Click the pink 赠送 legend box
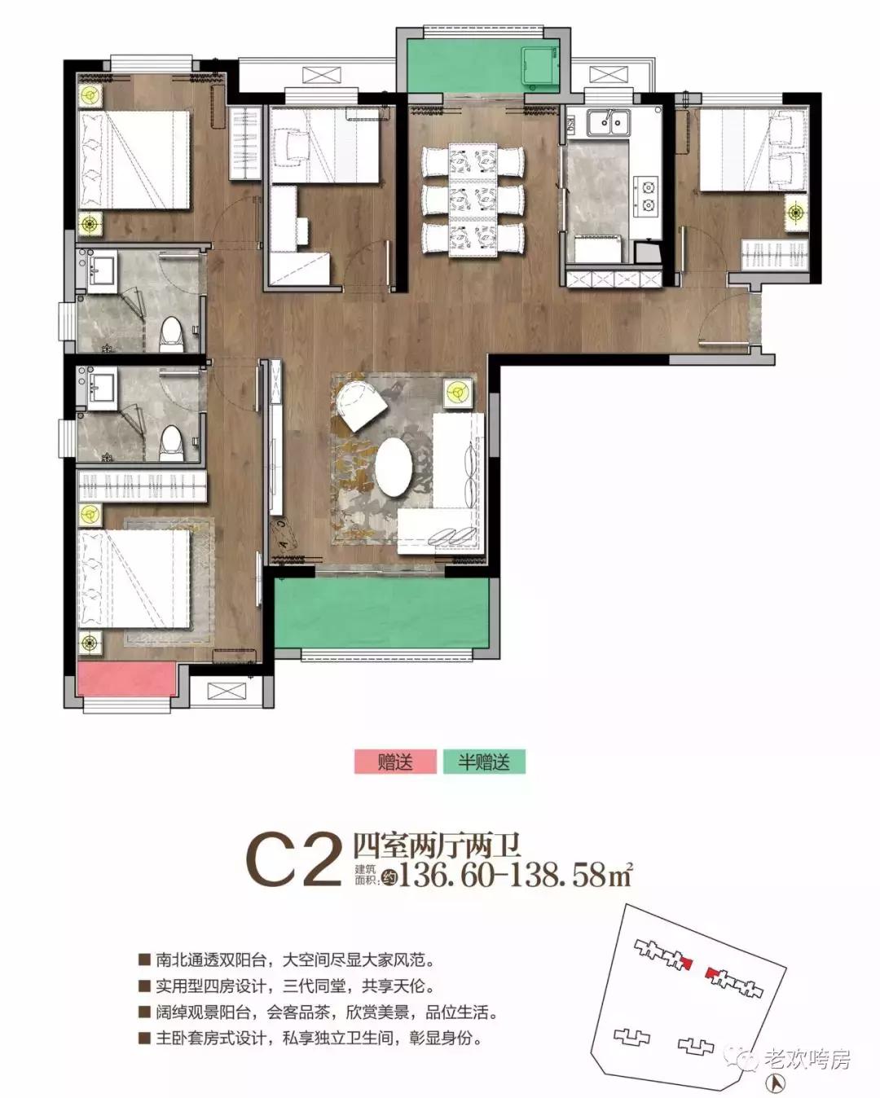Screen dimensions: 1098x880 click(x=395, y=762)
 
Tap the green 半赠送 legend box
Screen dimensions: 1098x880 click(x=484, y=762)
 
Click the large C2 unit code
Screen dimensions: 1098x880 click(x=293, y=859)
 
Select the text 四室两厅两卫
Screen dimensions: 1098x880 click(x=437, y=844)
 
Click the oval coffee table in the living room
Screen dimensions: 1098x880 click(x=394, y=468)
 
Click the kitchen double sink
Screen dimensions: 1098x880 click(x=608, y=123)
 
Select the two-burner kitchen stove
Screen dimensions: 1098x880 click(x=649, y=195)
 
